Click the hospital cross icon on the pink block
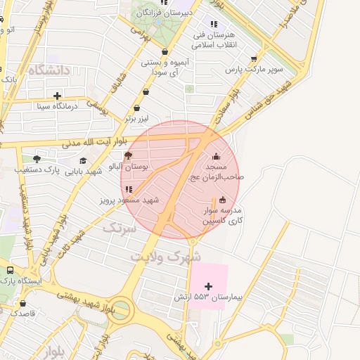pyautogui.click(x=207, y=286)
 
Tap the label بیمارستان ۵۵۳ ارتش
pyautogui.click(x=207, y=298)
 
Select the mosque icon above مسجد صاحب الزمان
pyautogui.click(x=216, y=156)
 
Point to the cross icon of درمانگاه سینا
pyautogui.click(x=57, y=96)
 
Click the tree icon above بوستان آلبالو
pyautogui.click(x=127, y=156)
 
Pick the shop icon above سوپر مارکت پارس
pyautogui.click(x=254, y=59)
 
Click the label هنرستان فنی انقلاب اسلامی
pyautogui.click(x=214, y=39)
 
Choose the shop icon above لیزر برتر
pyautogui.click(x=137, y=108)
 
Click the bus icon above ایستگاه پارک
pyautogui.click(x=10, y=270)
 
